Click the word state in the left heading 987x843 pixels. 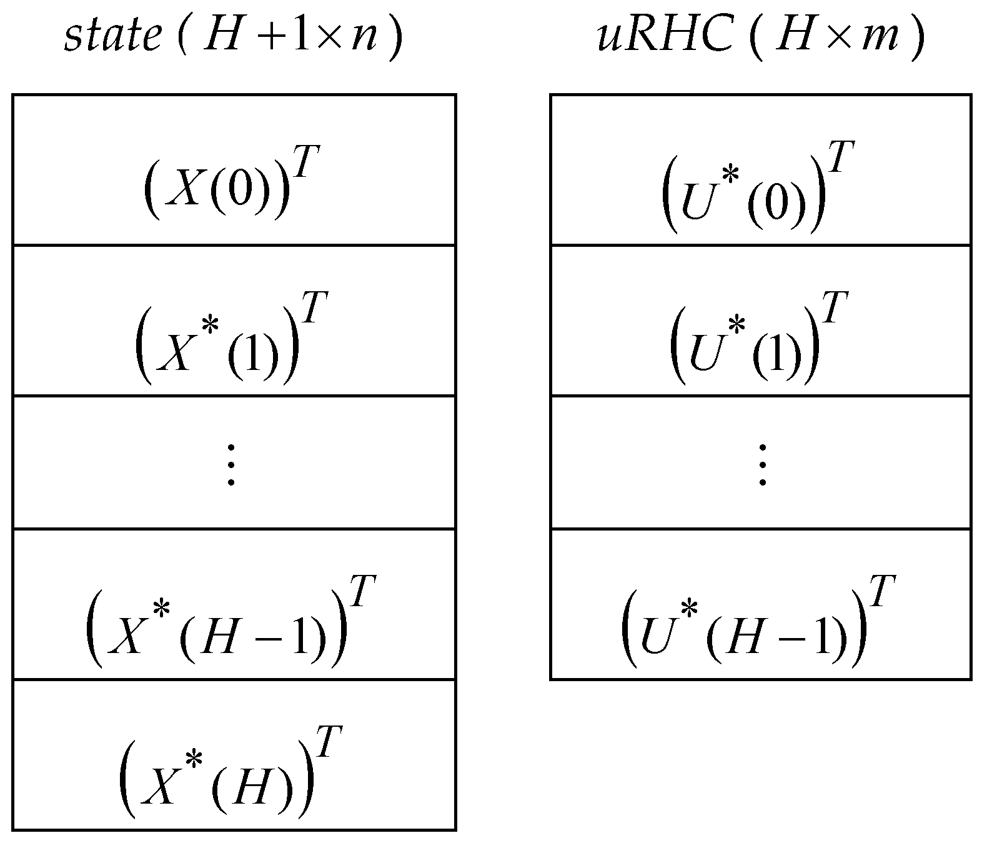tap(112, 37)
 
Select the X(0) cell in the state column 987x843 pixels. tap(234, 170)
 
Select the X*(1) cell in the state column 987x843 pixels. tap(234, 321)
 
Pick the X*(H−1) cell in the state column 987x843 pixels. tap(234, 604)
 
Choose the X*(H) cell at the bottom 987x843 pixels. tap(234, 755)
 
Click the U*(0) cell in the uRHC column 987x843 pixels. tap(760, 170)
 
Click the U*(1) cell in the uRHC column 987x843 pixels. tap(760, 321)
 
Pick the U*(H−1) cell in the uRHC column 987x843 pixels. tap(760, 604)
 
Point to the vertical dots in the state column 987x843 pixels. tap(231, 464)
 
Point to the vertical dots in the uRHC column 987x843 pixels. tap(762, 464)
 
